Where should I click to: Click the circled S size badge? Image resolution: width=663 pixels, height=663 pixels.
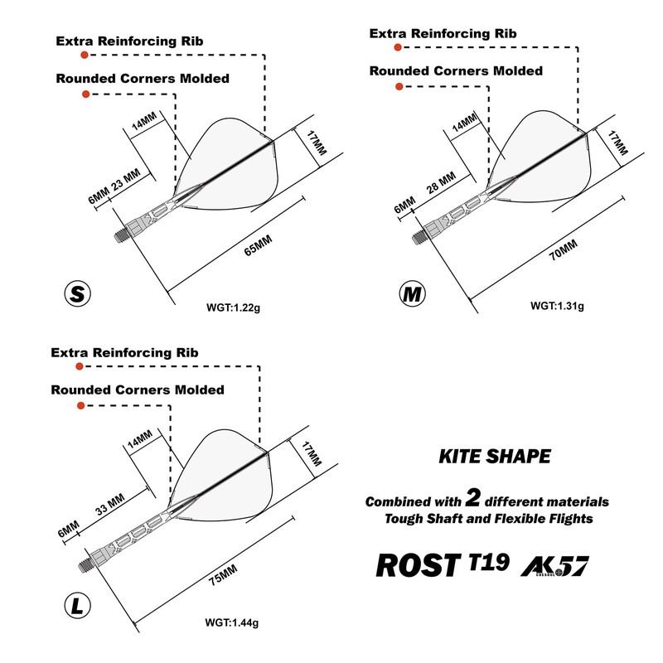(77, 293)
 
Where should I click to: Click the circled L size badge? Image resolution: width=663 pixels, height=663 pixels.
(76, 608)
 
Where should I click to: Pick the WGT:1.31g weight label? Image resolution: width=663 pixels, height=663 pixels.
(558, 306)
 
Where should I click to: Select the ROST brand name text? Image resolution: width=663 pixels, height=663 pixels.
(417, 564)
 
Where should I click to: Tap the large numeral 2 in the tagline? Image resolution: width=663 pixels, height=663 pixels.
(473, 498)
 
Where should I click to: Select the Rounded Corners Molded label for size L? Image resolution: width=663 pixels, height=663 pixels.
(137, 390)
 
